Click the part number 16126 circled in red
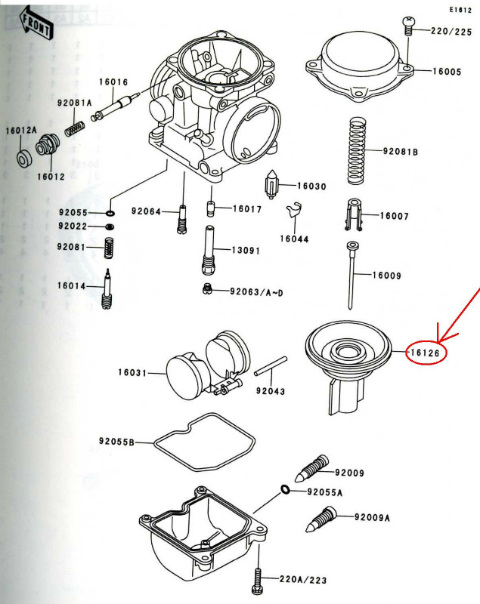tap(426, 352)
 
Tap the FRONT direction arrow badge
tap(37, 25)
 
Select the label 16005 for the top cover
tap(447, 71)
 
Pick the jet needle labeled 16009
tap(352, 275)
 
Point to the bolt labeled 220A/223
tap(259, 580)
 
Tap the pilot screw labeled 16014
tap(107, 289)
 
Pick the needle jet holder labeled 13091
tap(209, 250)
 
